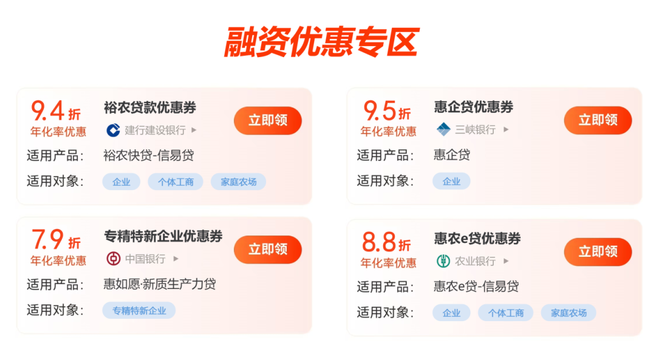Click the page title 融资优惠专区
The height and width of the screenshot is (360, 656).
click(x=321, y=42)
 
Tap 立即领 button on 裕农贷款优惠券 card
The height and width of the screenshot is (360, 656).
click(x=267, y=120)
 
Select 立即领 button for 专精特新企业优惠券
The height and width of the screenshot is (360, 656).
click(x=267, y=250)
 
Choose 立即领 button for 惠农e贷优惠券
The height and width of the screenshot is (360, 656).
click(x=598, y=251)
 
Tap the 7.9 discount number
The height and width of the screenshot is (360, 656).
click(x=47, y=240)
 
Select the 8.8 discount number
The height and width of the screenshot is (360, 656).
click(x=379, y=242)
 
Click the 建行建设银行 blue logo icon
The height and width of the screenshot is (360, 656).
click(x=113, y=130)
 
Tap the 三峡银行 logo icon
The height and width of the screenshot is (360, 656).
click(x=443, y=129)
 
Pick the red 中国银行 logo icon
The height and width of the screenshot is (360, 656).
click(x=113, y=259)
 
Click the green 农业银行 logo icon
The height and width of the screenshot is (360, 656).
click(x=443, y=261)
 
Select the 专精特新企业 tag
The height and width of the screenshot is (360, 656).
click(x=139, y=311)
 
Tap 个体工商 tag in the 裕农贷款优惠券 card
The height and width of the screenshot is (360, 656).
click(x=176, y=182)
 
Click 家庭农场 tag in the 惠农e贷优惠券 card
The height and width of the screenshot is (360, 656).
click(x=569, y=313)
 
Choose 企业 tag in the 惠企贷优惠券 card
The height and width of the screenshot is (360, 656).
click(x=451, y=182)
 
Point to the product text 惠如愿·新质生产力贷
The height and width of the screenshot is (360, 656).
click(x=160, y=284)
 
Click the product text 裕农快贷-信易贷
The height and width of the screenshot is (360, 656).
click(x=149, y=155)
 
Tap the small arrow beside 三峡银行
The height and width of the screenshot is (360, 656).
click(x=506, y=129)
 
